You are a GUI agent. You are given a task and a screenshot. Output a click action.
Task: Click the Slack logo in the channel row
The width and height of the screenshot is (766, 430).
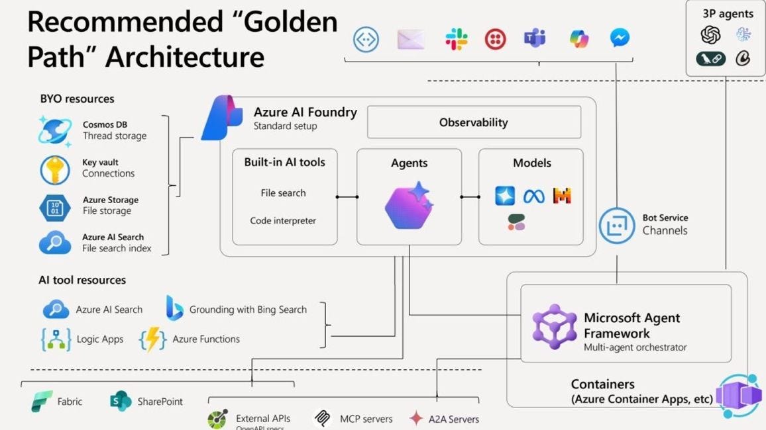(x=456, y=39)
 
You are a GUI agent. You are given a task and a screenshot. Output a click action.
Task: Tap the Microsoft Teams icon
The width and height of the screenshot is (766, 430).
(x=534, y=39)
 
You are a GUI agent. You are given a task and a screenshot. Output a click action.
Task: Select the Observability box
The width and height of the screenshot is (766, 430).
(x=473, y=122)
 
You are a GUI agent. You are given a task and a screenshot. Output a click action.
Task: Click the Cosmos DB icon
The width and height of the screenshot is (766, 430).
(x=55, y=130)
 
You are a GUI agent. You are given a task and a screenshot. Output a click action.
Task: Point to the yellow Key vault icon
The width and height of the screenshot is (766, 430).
(x=55, y=169)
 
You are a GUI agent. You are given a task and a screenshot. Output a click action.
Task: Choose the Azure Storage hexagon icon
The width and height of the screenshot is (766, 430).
(x=55, y=206)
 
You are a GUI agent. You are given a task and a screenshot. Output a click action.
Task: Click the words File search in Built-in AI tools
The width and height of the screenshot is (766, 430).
(x=283, y=193)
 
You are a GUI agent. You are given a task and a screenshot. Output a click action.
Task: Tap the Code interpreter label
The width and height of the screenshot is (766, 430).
(x=283, y=221)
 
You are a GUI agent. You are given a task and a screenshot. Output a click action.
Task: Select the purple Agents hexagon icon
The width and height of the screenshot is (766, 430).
(x=409, y=205)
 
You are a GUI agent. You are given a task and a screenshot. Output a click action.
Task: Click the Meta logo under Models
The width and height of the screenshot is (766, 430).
(x=533, y=196)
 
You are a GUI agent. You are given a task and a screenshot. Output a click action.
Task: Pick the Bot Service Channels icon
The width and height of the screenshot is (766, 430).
(x=617, y=226)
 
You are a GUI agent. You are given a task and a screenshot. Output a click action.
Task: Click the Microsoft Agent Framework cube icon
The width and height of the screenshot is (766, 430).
(x=555, y=327)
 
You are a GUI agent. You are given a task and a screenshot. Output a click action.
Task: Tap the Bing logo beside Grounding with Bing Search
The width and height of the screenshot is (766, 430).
(x=174, y=308)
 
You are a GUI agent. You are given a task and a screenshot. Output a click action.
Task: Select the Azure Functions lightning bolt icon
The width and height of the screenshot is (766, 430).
(x=152, y=339)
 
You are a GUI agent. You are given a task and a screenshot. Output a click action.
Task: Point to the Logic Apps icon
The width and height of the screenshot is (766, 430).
(x=56, y=339)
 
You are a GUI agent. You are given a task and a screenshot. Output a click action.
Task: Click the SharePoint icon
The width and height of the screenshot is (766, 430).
(x=121, y=401)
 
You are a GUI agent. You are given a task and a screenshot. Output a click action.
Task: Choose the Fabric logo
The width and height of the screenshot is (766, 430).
(x=42, y=401)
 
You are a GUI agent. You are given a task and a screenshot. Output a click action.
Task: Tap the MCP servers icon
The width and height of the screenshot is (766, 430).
(x=323, y=419)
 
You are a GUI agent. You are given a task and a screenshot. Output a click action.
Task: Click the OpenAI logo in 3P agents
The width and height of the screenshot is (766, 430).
(x=710, y=34)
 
